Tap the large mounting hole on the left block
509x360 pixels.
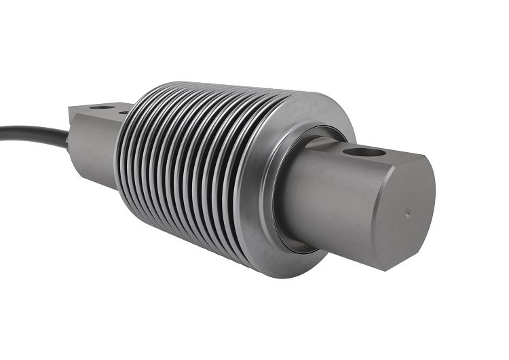(102, 107)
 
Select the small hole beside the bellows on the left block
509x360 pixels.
(124, 111)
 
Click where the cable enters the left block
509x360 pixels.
(70, 139)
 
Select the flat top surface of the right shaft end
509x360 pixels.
(380, 155)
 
